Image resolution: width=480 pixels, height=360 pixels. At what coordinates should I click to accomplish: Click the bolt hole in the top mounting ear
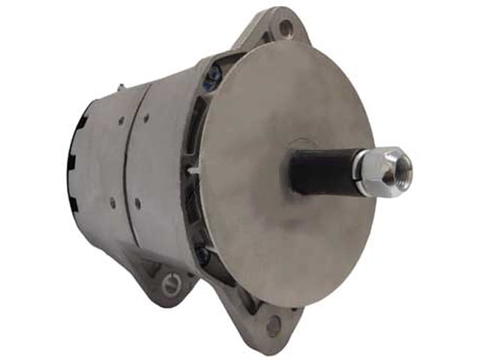(x=285, y=28)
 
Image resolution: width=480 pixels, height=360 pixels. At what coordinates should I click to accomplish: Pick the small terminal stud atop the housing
(x=122, y=88)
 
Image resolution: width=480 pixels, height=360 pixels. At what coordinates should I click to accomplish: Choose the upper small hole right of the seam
(x=147, y=117)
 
